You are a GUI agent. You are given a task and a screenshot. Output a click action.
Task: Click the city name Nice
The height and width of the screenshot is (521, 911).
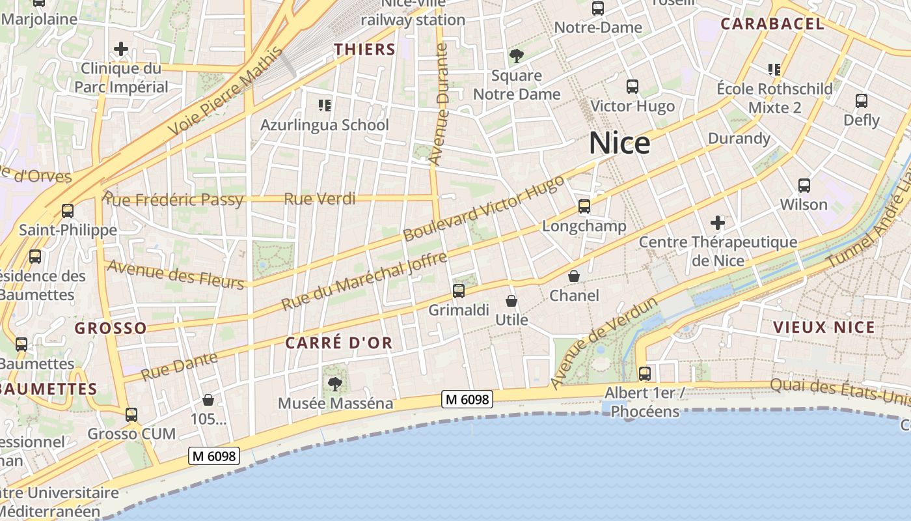click(619, 143)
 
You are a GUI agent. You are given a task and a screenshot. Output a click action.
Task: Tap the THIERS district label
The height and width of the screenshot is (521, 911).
click(364, 49)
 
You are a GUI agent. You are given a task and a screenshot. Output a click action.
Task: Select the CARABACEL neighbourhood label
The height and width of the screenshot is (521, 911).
click(772, 24)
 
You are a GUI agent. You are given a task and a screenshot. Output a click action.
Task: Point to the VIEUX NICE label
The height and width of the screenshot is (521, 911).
click(824, 327)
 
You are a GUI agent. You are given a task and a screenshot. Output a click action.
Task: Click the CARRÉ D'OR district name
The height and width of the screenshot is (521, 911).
click(339, 343)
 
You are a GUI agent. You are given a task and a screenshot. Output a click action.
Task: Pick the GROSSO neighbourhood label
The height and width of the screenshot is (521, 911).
click(111, 328)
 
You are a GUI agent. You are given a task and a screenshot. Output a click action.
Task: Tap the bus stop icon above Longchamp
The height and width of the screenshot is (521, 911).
click(584, 206)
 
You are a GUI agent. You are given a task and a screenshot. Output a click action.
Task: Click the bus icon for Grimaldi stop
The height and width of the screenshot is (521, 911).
click(459, 290)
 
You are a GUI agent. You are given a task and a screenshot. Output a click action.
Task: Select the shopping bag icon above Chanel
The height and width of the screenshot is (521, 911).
click(574, 276)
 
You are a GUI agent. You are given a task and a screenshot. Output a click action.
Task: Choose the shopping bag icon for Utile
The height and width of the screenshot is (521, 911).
click(511, 301)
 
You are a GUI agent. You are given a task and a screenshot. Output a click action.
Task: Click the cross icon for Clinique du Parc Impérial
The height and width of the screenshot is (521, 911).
click(120, 49)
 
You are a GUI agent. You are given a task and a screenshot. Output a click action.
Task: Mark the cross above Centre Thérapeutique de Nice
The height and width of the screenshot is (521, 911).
click(717, 223)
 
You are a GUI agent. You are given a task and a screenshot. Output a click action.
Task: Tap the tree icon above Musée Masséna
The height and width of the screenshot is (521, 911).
click(335, 384)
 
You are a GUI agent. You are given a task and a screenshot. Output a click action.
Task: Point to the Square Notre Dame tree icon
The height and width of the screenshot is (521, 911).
click(517, 56)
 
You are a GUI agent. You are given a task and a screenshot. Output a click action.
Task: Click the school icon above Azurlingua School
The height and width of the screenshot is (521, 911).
click(324, 105)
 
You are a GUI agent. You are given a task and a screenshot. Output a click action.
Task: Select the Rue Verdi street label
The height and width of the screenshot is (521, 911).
click(320, 199)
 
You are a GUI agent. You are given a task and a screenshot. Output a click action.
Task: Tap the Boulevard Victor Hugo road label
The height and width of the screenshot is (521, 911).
click(483, 209)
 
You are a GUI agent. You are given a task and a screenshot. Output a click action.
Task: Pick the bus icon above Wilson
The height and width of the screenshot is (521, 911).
click(804, 186)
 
